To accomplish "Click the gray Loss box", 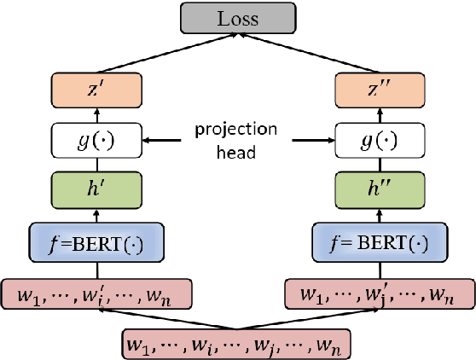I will point(238,19).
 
